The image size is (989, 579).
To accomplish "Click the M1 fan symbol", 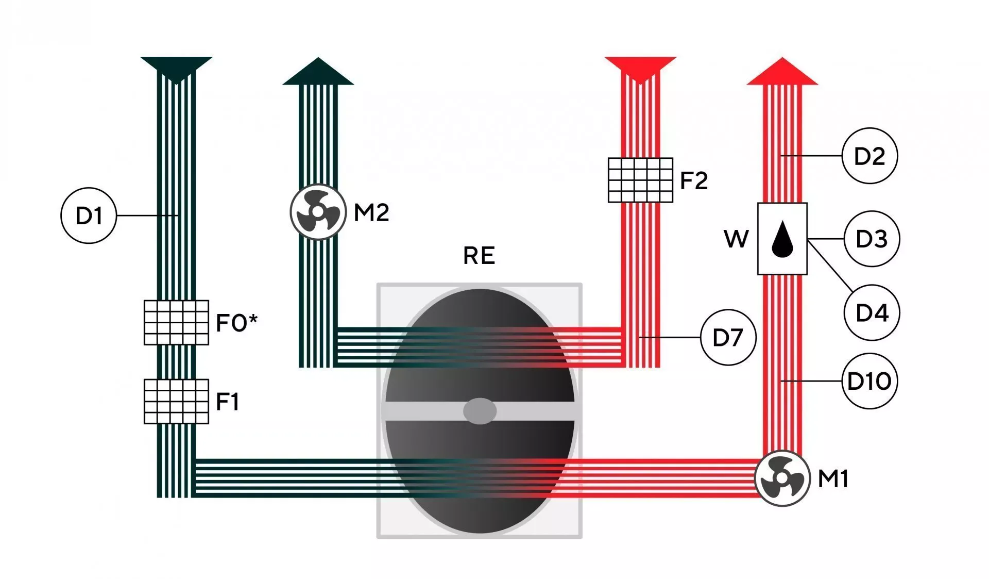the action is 782,478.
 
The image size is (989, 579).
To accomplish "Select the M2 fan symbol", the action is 318,212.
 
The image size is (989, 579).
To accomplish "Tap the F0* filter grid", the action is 176,322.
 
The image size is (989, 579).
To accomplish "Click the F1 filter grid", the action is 176,401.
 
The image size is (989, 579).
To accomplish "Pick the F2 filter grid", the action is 640,180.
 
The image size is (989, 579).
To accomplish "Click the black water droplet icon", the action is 782,239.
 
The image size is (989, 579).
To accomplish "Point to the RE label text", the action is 479,256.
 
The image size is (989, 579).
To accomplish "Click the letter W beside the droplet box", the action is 736,239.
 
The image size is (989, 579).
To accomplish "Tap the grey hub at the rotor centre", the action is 480,411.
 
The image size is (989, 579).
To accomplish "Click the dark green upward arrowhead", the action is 318,71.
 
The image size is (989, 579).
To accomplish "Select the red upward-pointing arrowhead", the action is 782,71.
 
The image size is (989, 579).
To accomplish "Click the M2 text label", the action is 371,212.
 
